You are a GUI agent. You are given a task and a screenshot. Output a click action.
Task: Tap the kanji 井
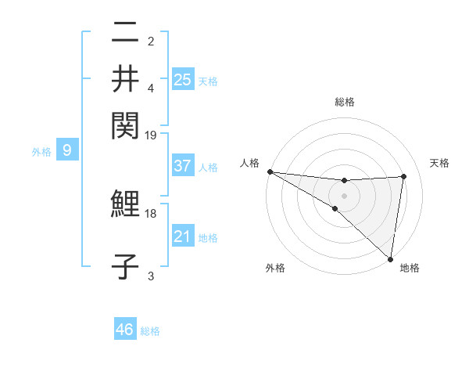[x=126, y=78]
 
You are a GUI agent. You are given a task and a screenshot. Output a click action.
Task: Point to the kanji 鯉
[x=126, y=205]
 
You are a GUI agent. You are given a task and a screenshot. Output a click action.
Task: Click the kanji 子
[x=126, y=266]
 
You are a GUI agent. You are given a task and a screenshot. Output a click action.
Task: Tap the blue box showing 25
[x=182, y=79]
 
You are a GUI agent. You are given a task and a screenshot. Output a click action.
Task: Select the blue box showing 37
[x=182, y=166]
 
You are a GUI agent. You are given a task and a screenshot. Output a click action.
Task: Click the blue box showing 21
[x=182, y=236]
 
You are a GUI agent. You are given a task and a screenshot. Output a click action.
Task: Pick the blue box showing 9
[x=67, y=150]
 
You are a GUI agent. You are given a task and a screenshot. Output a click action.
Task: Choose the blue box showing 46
[x=125, y=330]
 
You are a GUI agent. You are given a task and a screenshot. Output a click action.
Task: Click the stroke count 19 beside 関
[x=151, y=134]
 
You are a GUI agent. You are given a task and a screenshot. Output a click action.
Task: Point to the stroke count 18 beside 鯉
[x=151, y=213]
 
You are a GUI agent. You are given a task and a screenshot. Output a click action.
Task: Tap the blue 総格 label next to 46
[x=150, y=331]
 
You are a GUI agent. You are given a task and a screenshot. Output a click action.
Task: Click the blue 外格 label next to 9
[x=41, y=152]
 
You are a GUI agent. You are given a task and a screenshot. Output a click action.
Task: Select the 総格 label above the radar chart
[x=345, y=102]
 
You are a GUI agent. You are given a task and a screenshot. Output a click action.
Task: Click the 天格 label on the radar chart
[x=439, y=163]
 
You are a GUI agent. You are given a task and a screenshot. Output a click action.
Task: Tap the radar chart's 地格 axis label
[x=410, y=268]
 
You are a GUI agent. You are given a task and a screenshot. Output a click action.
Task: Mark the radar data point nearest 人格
[x=270, y=171]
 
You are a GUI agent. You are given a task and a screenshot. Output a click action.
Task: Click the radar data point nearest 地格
[x=390, y=258]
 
